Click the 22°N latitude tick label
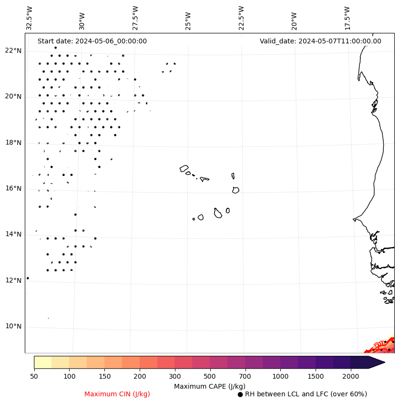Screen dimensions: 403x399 pyautogui.click(x=13, y=51)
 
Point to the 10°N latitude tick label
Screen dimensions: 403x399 pyautogui.click(x=13, y=326)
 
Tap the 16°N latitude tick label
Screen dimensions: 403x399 pyautogui.click(x=13, y=188)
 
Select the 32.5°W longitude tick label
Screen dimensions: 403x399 pyautogui.click(x=30, y=18)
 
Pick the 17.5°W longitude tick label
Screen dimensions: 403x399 pyautogui.click(x=347, y=18)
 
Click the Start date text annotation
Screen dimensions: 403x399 pyautogui.click(x=92, y=41)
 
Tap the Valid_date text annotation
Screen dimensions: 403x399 pyautogui.click(x=320, y=41)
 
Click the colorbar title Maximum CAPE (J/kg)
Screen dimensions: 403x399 pyautogui.click(x=209, y=386)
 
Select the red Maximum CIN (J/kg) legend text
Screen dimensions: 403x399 pyautogui.click(x=117, y=394)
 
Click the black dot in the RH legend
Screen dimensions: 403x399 pyautogui.click(x=240, y=394)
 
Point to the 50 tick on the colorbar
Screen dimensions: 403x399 pyautogui.click(x=34, y=377)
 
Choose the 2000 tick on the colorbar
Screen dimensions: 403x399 pyautogui.click(x=351, y=377)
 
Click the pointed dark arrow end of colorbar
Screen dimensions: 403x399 pyautogui.click(x=377, y=362)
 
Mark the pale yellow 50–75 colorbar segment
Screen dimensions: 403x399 pyautogui.click(x=42, y=362)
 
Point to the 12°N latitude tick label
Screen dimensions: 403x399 pyautogui.click(x=13, y=280)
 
